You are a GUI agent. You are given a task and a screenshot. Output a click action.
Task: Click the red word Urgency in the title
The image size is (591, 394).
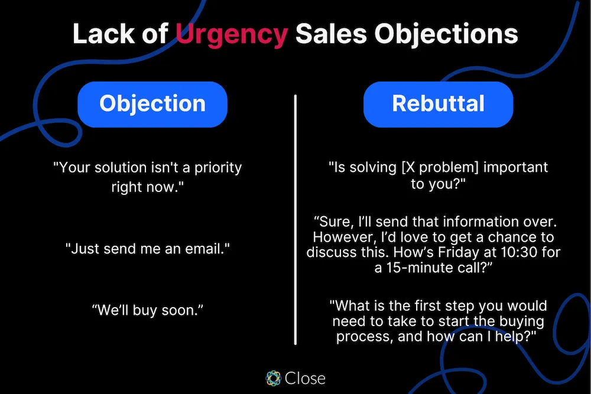click(232, 34)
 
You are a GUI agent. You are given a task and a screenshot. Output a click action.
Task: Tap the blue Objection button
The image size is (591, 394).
click(152, 104)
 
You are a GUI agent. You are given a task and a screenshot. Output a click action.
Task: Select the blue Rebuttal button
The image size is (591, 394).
click(438, 104)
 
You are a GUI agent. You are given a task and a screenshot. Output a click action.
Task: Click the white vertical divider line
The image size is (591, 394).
click(295, 219)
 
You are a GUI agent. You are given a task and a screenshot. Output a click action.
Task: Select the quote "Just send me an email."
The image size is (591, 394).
click(147, 249)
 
